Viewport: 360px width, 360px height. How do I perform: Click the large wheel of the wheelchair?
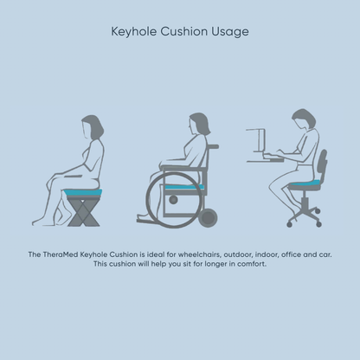pyautogui.click(x=170, y=198)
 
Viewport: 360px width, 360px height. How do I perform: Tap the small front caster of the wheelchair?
pyautogui.click(x=207, y=217)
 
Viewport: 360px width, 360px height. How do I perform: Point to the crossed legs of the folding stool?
pyautogui.click(x=84, y=211)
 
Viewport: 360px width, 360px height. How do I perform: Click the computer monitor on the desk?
pyautogui.click(x=254, y=139)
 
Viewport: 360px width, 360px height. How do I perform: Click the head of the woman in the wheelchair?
pyautogui.click(x=196, y=124)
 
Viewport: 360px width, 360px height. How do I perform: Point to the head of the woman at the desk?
pyautogui.click(x=301, y=119)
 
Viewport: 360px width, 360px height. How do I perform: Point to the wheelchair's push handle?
pyautogui.click(x=212, y=147)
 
